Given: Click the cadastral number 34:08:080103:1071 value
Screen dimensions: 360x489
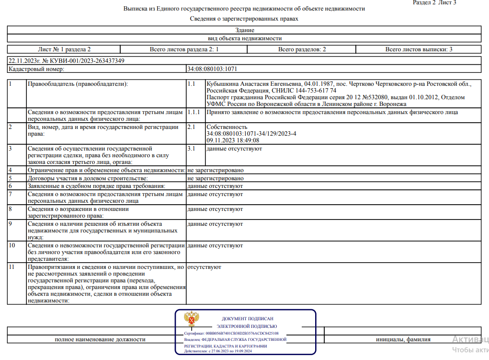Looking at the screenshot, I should (x=212, y=69).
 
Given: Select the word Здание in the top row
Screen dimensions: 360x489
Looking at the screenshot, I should (x=244, y=30).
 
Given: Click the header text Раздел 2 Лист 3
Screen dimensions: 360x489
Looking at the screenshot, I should (x=434, y=3).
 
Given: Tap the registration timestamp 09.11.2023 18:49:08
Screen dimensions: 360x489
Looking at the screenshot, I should (x=233, y=140).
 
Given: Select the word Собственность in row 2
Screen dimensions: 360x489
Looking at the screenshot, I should (x=227, y=127).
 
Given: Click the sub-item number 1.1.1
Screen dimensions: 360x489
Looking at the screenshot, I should (x=194, y=112).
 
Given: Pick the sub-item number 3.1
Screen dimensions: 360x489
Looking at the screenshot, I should (x=192, y=149).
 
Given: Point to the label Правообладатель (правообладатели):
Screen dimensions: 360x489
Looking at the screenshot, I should (x=78, y=84).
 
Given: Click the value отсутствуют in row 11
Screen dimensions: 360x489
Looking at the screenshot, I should (x=205, y=267).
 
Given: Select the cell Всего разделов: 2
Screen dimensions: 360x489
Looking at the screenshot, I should (x=302, y=49).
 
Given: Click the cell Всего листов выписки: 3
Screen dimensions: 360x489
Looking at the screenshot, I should (x=419, y=49).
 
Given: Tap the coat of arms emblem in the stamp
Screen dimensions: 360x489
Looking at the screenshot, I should (x=192, y=320).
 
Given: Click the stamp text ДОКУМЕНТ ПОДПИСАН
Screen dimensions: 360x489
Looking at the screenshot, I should (x=248, y=318).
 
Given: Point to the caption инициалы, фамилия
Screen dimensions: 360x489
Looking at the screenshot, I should (x=403, y=339).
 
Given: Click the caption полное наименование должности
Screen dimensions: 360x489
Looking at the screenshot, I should (x=100, y=339).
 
